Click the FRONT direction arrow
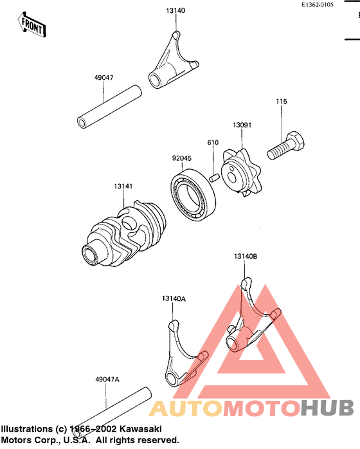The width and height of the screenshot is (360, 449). (32, 25)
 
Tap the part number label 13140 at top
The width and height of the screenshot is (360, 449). (175, 10)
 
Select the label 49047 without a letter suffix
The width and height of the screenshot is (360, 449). (104, 78)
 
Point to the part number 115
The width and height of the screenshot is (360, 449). (282, 102)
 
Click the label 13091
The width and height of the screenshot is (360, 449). (242, 125)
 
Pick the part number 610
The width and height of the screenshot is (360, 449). (213, 142)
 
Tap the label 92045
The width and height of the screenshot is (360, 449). (182, 158)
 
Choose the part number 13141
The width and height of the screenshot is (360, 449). (123, 186)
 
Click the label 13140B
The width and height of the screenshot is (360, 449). (246, 256)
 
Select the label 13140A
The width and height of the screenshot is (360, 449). (174, 298)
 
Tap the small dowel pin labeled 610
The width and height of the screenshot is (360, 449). (214, 178)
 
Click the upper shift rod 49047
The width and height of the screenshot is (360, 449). (109, 107)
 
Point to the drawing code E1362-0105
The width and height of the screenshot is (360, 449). (318, 5)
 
